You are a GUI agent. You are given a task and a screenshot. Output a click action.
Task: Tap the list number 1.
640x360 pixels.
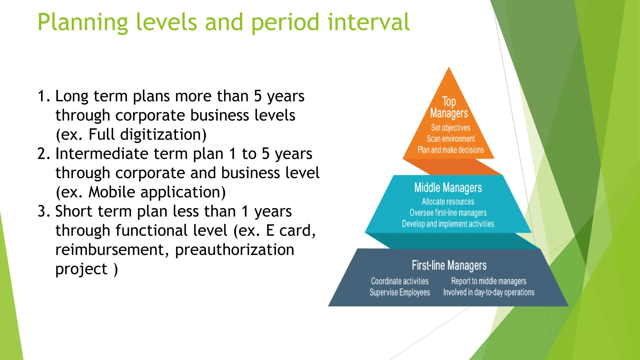[x=43, y=96]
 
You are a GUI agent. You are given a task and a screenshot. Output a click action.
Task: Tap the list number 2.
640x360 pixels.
[x=43, y=154]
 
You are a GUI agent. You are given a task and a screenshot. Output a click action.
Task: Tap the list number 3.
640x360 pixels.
[x=43, y=211]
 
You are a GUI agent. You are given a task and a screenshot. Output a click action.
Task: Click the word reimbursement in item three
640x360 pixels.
[x=112, y=250]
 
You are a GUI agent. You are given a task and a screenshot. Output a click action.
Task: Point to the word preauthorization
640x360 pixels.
[x=234, y=250]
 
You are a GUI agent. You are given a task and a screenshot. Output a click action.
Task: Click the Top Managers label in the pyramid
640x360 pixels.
[x=449, y=107]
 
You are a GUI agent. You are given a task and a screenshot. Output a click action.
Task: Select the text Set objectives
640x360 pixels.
[x=451, y=127]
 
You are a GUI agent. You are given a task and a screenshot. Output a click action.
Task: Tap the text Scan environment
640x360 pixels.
[x=451, y=139]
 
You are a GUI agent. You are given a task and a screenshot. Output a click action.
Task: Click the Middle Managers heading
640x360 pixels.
[x=448, y=187]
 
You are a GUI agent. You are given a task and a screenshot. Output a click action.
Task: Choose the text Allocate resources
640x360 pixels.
[x=448, y=202]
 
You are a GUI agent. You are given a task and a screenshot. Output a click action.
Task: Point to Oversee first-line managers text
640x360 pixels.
[x=448, y=213]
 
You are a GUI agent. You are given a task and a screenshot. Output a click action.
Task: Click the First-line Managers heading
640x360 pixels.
[x=449, y=265]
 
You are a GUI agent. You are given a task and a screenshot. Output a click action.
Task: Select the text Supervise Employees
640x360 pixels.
[x=400, y=292]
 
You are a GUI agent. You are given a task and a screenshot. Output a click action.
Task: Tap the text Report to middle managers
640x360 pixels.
[x=488, y=281]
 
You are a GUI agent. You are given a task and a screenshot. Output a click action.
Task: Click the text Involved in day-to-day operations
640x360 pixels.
[x=488, y=292]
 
